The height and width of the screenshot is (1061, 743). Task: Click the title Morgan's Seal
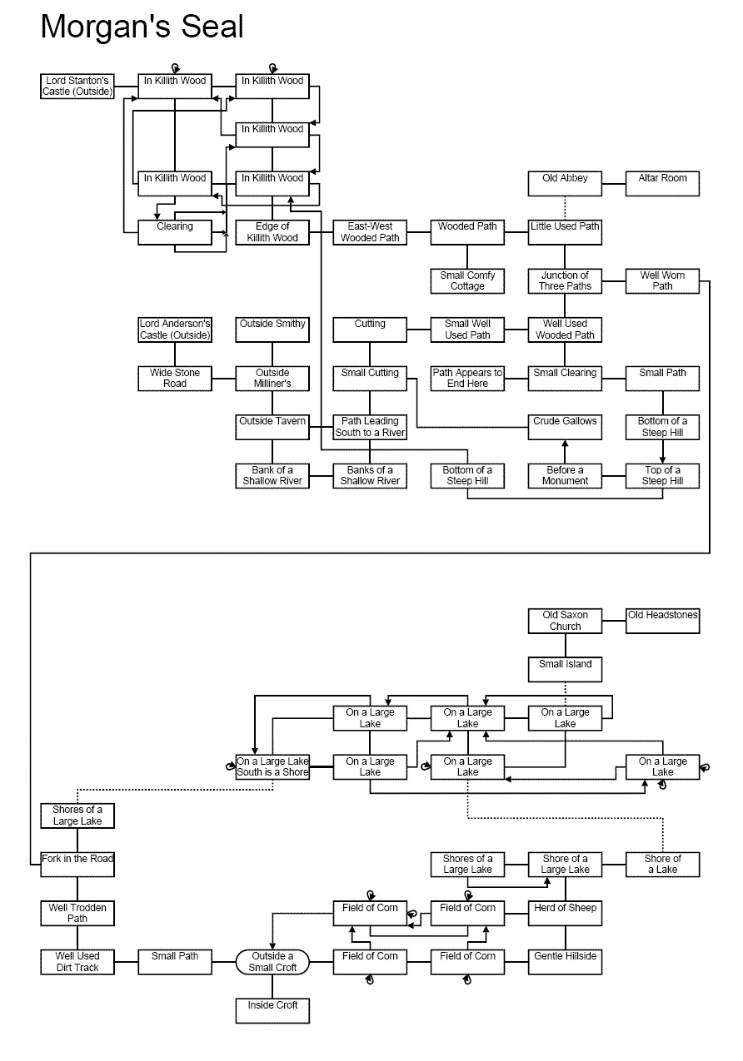pyautogui.click(x=142, y=27)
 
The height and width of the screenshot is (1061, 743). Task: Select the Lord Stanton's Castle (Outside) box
pyautogui.click(x=78, y=87)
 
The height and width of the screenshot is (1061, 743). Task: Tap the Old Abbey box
pyautogui.click(x=565, y=183)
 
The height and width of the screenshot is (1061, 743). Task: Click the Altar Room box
pyautogui.click(x=662, y=183)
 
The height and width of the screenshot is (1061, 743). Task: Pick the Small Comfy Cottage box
pyautogui.click(x=467, y=281)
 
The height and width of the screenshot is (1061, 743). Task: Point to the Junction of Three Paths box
pyautogui.click(x=565, y=281)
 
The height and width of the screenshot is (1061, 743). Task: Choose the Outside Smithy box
pyautogui.click(x=272, y=330)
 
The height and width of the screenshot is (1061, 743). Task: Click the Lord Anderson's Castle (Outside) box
pyautogui.click(x=175, y=330)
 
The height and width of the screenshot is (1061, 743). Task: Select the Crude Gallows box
pyautogui.click(x=565, y=427)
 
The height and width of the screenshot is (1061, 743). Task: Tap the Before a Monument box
pyautogui.click(x=565, y=476)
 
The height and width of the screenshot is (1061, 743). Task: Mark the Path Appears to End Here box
pyautogui.click(x=467, y=379)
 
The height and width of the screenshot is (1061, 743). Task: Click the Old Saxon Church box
pyautogui.click(x=565, y=621)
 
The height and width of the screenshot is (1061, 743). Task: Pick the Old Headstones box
pyautogui.click(x=662, y=621)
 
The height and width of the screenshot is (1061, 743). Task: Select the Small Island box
pyautogui.click(x=565, y=669)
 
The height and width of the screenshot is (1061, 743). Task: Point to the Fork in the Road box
pyautogui.click(x=77, y=864)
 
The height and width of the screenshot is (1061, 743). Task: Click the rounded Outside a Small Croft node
pyautogui.click(x=272, y=962)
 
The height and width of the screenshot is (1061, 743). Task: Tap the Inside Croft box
pyautogui.click(x=272, y=1010)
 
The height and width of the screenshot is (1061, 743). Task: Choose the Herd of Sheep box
pyautogui.click(x=565, y=913)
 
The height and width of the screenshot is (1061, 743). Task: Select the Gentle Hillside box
pyautogui.click(x=565, y=962)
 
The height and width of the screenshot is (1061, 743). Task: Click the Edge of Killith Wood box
pyautogui.click(x=272, y=232)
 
